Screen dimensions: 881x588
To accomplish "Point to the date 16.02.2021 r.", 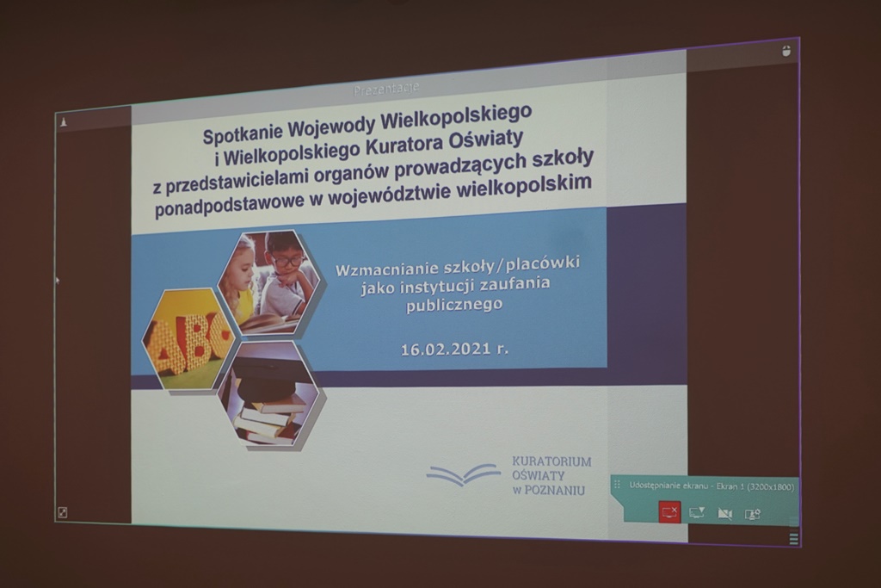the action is [x=454, y=349].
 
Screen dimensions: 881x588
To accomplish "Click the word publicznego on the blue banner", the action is [x=454, y=306].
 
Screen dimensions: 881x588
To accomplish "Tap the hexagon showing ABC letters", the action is [x=188, y=339].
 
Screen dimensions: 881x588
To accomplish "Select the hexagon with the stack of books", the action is [x=269, y=394].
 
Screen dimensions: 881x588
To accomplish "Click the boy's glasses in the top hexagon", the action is [x=288, y=260].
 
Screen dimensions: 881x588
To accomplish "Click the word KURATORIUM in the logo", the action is [x=551, y=461].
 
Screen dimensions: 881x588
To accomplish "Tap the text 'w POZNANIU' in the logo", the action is [x=548, y=490].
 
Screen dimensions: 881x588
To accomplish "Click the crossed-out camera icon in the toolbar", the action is [x=724, y=514].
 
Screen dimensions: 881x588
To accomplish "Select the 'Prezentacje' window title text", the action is [x=386, y=89].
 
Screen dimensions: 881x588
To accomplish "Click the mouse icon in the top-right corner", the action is [x=786, y=51].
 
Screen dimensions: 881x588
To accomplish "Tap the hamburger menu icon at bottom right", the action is [x=793, y=539].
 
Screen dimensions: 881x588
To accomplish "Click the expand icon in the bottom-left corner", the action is [x=62, y=512].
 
